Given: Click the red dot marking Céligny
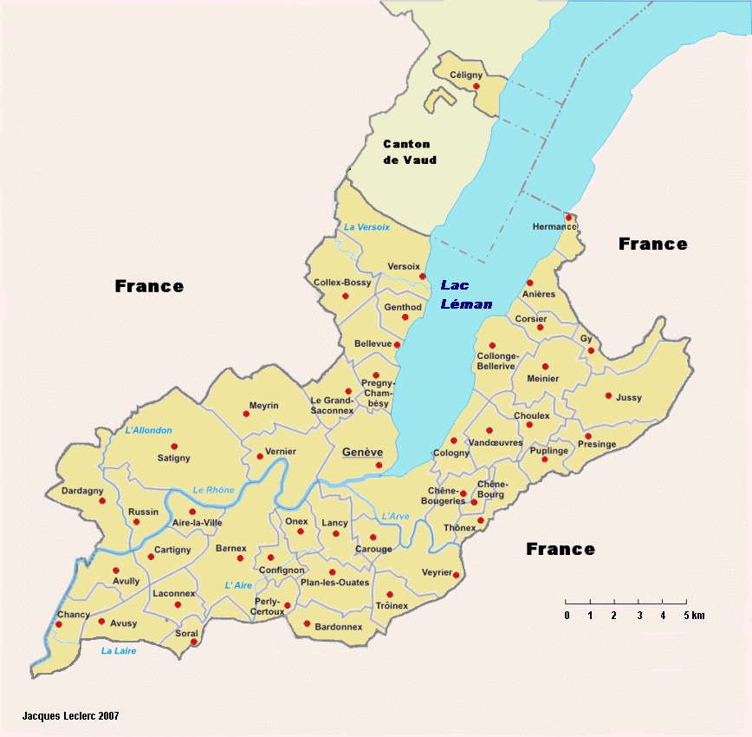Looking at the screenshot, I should click(476, 86).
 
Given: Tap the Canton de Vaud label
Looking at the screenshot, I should click(410, 152).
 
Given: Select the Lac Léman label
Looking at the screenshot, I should click(466, 294).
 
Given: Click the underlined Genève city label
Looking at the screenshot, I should click(362, 453).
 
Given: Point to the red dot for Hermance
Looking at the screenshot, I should click(568, 218).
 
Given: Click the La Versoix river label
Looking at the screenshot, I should click(366, 227).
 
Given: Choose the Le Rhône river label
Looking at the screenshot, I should click(213, 490).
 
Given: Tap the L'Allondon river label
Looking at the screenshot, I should click(149, 430).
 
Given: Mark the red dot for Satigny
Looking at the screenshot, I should click(174, 447).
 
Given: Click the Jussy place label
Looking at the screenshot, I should click(629, 398).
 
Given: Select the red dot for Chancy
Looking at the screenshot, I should click(59, 624).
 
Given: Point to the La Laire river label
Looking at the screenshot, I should click(118, 651).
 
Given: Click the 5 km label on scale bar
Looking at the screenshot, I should click(692, 616).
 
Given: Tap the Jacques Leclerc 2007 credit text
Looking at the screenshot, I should click(70, 716).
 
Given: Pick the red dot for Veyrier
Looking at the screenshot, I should click(456, 575).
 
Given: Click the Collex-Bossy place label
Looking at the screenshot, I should click(342, 283).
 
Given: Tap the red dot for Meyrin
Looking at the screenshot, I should click(246, 414).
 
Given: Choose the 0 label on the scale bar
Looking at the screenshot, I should click(567, 616).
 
